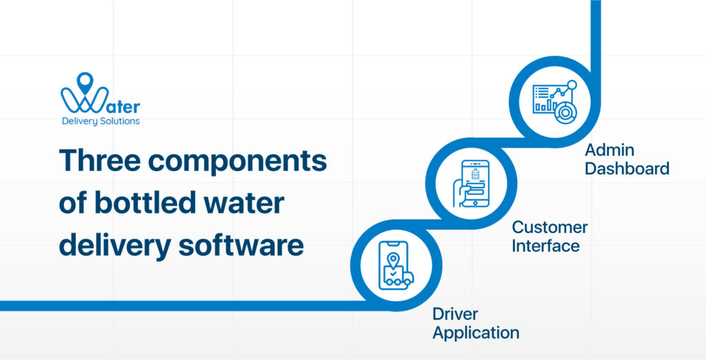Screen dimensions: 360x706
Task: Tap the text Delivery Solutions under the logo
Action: coord(101,121)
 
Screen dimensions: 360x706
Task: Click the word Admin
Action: coord(609,150)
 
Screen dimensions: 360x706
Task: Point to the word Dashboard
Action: coord(627,168)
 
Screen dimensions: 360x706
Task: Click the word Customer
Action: coord(549,227)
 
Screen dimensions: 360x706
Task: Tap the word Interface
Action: coord(545,245)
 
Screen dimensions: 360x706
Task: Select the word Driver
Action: coord(455,314)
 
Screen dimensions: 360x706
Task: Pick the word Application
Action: coord(476,332)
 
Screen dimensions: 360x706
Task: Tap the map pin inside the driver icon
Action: coord(393,260)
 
